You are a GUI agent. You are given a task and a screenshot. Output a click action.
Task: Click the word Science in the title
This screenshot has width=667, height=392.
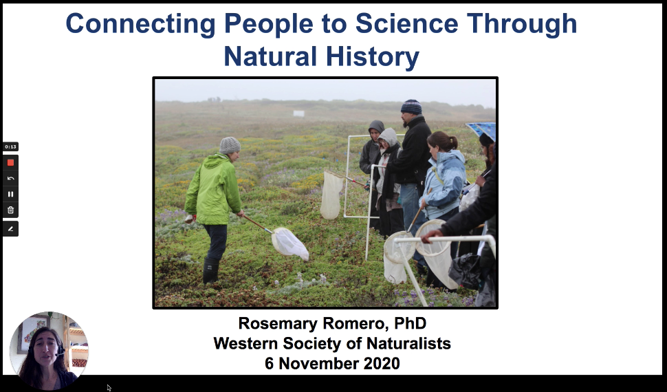click(406, 23)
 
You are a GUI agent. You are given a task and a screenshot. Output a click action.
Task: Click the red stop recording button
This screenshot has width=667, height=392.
click(10, 162)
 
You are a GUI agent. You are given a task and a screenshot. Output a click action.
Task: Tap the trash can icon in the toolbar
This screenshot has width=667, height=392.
click(10, 210)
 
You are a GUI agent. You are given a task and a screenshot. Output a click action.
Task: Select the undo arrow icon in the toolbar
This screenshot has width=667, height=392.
click(10, 178)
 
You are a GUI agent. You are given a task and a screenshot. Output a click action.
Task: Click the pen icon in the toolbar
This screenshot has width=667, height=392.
click(10, 229)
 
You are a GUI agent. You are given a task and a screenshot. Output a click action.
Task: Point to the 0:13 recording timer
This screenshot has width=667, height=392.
click(10, 147)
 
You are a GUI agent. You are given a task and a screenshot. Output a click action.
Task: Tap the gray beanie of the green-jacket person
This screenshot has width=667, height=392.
click(230, 145)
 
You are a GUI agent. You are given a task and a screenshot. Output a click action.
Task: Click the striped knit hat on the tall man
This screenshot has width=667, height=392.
click(411, 107)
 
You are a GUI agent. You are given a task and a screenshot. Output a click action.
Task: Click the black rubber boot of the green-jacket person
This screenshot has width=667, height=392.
click(210, 270)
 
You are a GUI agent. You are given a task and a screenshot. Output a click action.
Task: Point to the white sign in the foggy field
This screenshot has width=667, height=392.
click(298, 113)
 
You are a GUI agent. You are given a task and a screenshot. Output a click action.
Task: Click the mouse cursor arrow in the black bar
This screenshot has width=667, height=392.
click(109, 388)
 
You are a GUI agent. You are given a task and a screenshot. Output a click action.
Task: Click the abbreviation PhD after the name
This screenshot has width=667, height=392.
click(410, 323)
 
